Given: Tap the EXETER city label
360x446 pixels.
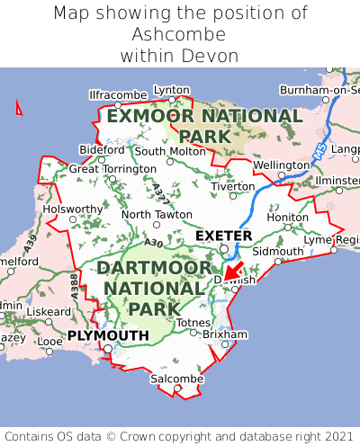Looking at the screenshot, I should point(223,236).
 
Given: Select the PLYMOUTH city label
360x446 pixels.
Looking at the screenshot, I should point(107,335).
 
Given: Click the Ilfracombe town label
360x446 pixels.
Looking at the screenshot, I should point(118,94).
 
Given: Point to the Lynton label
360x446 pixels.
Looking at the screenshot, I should point(172,90).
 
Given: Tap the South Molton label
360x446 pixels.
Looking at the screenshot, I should point(170,151).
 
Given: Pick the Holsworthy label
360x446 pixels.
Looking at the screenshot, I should point(74,209).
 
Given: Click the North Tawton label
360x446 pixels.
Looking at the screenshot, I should point(157,215).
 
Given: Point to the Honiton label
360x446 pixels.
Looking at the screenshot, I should point(288,217).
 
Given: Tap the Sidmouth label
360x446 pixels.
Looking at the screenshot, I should point(272,251).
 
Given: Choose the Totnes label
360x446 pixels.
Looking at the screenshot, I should point(193,322).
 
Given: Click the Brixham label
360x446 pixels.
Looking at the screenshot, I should point(225,334).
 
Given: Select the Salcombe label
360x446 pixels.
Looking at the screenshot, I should point(176,379).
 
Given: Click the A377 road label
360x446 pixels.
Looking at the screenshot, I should point(158,190).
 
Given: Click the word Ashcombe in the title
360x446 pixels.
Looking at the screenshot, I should point(179,34).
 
